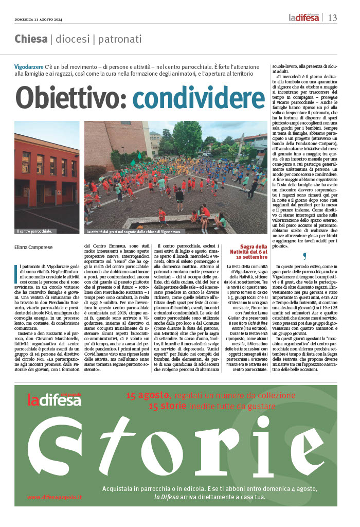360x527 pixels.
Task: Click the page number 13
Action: click(x=332, y=18)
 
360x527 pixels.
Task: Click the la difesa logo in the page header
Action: click(x=303, y=18)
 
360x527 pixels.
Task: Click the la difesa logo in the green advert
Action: click(x=54, y=399)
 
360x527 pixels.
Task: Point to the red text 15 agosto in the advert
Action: click(x=148, y=395)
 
